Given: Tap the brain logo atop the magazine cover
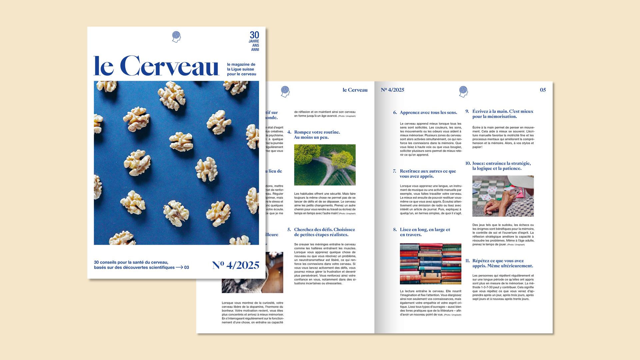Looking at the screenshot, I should (x=176, y=37).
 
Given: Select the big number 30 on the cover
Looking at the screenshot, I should (x=254, y=35).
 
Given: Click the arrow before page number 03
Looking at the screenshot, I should (x=179, y=267).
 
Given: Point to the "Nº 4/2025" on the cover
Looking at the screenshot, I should (x=236, y=265).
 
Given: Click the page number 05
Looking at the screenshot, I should (x=543, y=90).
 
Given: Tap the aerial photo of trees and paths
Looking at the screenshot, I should (x=325, y=165).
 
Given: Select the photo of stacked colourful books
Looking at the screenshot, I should (x=430, y=264).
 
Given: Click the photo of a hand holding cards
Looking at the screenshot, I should (x=503, y=196).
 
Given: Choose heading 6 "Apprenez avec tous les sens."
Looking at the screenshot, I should (x=428, y=113).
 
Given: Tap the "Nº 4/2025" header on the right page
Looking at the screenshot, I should (x=392, y=90).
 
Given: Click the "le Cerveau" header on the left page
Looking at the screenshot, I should (x=355, y=90).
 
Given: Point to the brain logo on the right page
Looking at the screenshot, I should (x=463, y=91).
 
